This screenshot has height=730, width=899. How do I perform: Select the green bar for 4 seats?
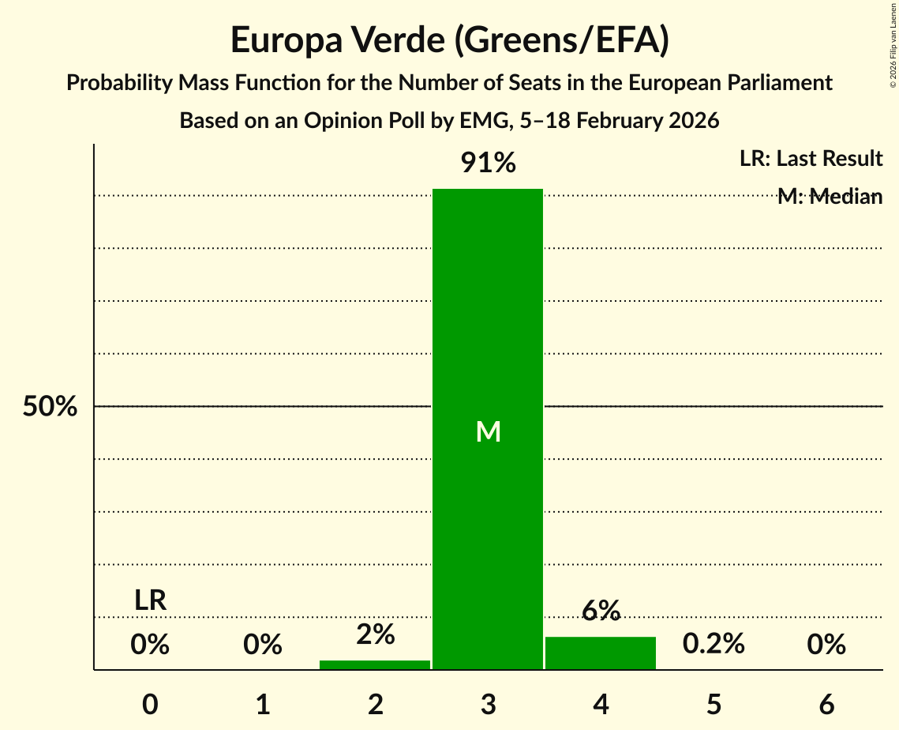point(601,653)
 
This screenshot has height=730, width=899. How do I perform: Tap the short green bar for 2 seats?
point(375,664)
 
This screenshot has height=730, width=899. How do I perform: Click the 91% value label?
point(488,164)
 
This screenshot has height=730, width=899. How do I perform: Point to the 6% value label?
point(601,611)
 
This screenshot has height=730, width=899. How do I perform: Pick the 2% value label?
point(375,634)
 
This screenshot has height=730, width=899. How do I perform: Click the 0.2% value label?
point(714,644)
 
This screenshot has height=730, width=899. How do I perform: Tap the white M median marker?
point(489,431)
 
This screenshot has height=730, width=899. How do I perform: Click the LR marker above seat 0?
point(150,600)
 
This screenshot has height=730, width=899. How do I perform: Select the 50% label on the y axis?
point(50,407)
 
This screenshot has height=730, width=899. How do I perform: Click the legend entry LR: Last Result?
point(811,159)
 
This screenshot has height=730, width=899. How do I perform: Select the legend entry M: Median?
point(830,197)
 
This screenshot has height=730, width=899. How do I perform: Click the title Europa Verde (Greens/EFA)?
point(450,40)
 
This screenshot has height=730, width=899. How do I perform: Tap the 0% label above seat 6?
point(826,645)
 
